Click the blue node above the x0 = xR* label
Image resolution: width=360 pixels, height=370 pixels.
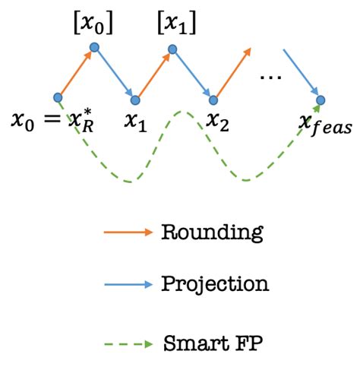pos(58,97)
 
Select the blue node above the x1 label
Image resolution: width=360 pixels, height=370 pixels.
pos(136,100)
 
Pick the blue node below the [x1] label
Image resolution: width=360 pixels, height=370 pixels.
pos(173,49)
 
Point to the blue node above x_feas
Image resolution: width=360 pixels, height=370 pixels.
pos(321,100)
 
